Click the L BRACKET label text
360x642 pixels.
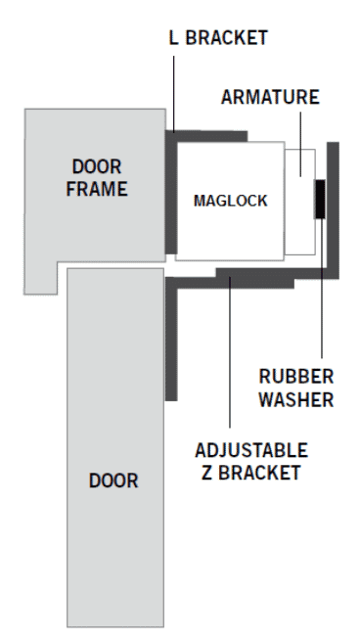pos(218,37)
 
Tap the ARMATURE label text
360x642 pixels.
pos(270,97)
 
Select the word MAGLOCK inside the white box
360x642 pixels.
pos(230,201)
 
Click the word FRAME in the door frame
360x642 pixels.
pos(97,189)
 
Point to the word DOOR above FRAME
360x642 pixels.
pos(97,166)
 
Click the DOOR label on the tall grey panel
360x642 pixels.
pos(113,481)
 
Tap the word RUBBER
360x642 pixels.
pos(296,377)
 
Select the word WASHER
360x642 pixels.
pos(296,399)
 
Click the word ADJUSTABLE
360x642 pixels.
pos(251,450)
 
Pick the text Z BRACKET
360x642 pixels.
pos(251,473)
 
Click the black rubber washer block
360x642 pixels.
pos(320,199)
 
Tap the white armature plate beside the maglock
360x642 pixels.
pos(300,203)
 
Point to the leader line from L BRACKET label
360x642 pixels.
pos(173,94)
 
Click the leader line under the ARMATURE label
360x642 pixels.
pos(300,144)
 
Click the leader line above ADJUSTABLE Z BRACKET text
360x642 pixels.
pos(230,352)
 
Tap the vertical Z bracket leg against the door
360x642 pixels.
pos(171,339)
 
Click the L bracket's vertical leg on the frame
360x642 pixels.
pos(171,193)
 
